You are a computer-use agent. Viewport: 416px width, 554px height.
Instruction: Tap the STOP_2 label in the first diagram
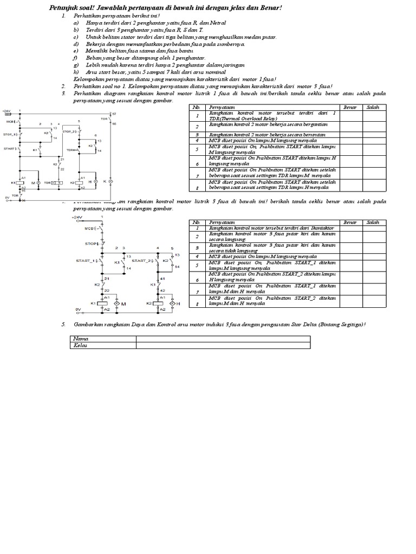click(69, 131)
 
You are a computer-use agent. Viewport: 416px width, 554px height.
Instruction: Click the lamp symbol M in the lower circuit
click(116, 304)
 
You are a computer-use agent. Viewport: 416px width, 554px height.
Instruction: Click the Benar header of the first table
click(350, 107)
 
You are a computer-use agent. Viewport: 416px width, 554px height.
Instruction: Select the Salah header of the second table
click(372, 222)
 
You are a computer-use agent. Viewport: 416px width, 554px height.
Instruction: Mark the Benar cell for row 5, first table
click(350, 149)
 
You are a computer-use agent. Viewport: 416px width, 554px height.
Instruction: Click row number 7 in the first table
click(198, 175)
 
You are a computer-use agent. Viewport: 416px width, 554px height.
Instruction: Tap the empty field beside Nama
click(223, 339)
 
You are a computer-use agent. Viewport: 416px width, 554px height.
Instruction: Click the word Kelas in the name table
click(81, 345)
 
